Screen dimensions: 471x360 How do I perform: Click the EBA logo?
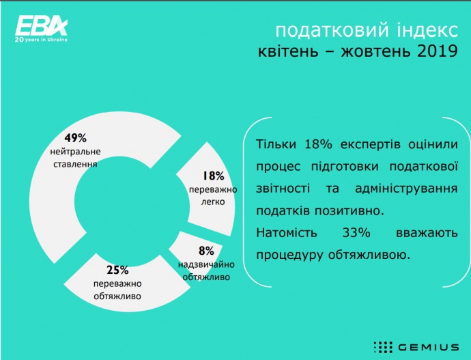42,29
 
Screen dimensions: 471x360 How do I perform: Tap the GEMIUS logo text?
429,348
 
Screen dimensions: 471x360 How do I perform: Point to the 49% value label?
75,138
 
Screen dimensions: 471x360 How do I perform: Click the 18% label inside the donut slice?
213,176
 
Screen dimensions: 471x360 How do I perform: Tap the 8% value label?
206,251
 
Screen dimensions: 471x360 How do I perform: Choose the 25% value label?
117,270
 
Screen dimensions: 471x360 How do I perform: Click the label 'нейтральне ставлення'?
75,158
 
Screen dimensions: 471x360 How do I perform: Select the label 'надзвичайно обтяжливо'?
206,271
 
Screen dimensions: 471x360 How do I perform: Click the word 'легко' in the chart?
213,202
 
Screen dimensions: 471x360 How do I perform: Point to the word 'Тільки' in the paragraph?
276,144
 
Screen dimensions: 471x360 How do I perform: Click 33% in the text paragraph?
356,232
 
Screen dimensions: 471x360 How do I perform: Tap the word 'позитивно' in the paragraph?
349,210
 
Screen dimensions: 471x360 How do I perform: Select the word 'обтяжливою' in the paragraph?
369,255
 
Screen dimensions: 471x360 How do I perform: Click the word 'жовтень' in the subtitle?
375,51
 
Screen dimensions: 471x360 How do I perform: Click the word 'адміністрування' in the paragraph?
406,189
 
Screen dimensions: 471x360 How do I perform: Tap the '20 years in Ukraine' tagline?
41,40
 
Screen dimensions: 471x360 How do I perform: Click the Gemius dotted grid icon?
383,348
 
